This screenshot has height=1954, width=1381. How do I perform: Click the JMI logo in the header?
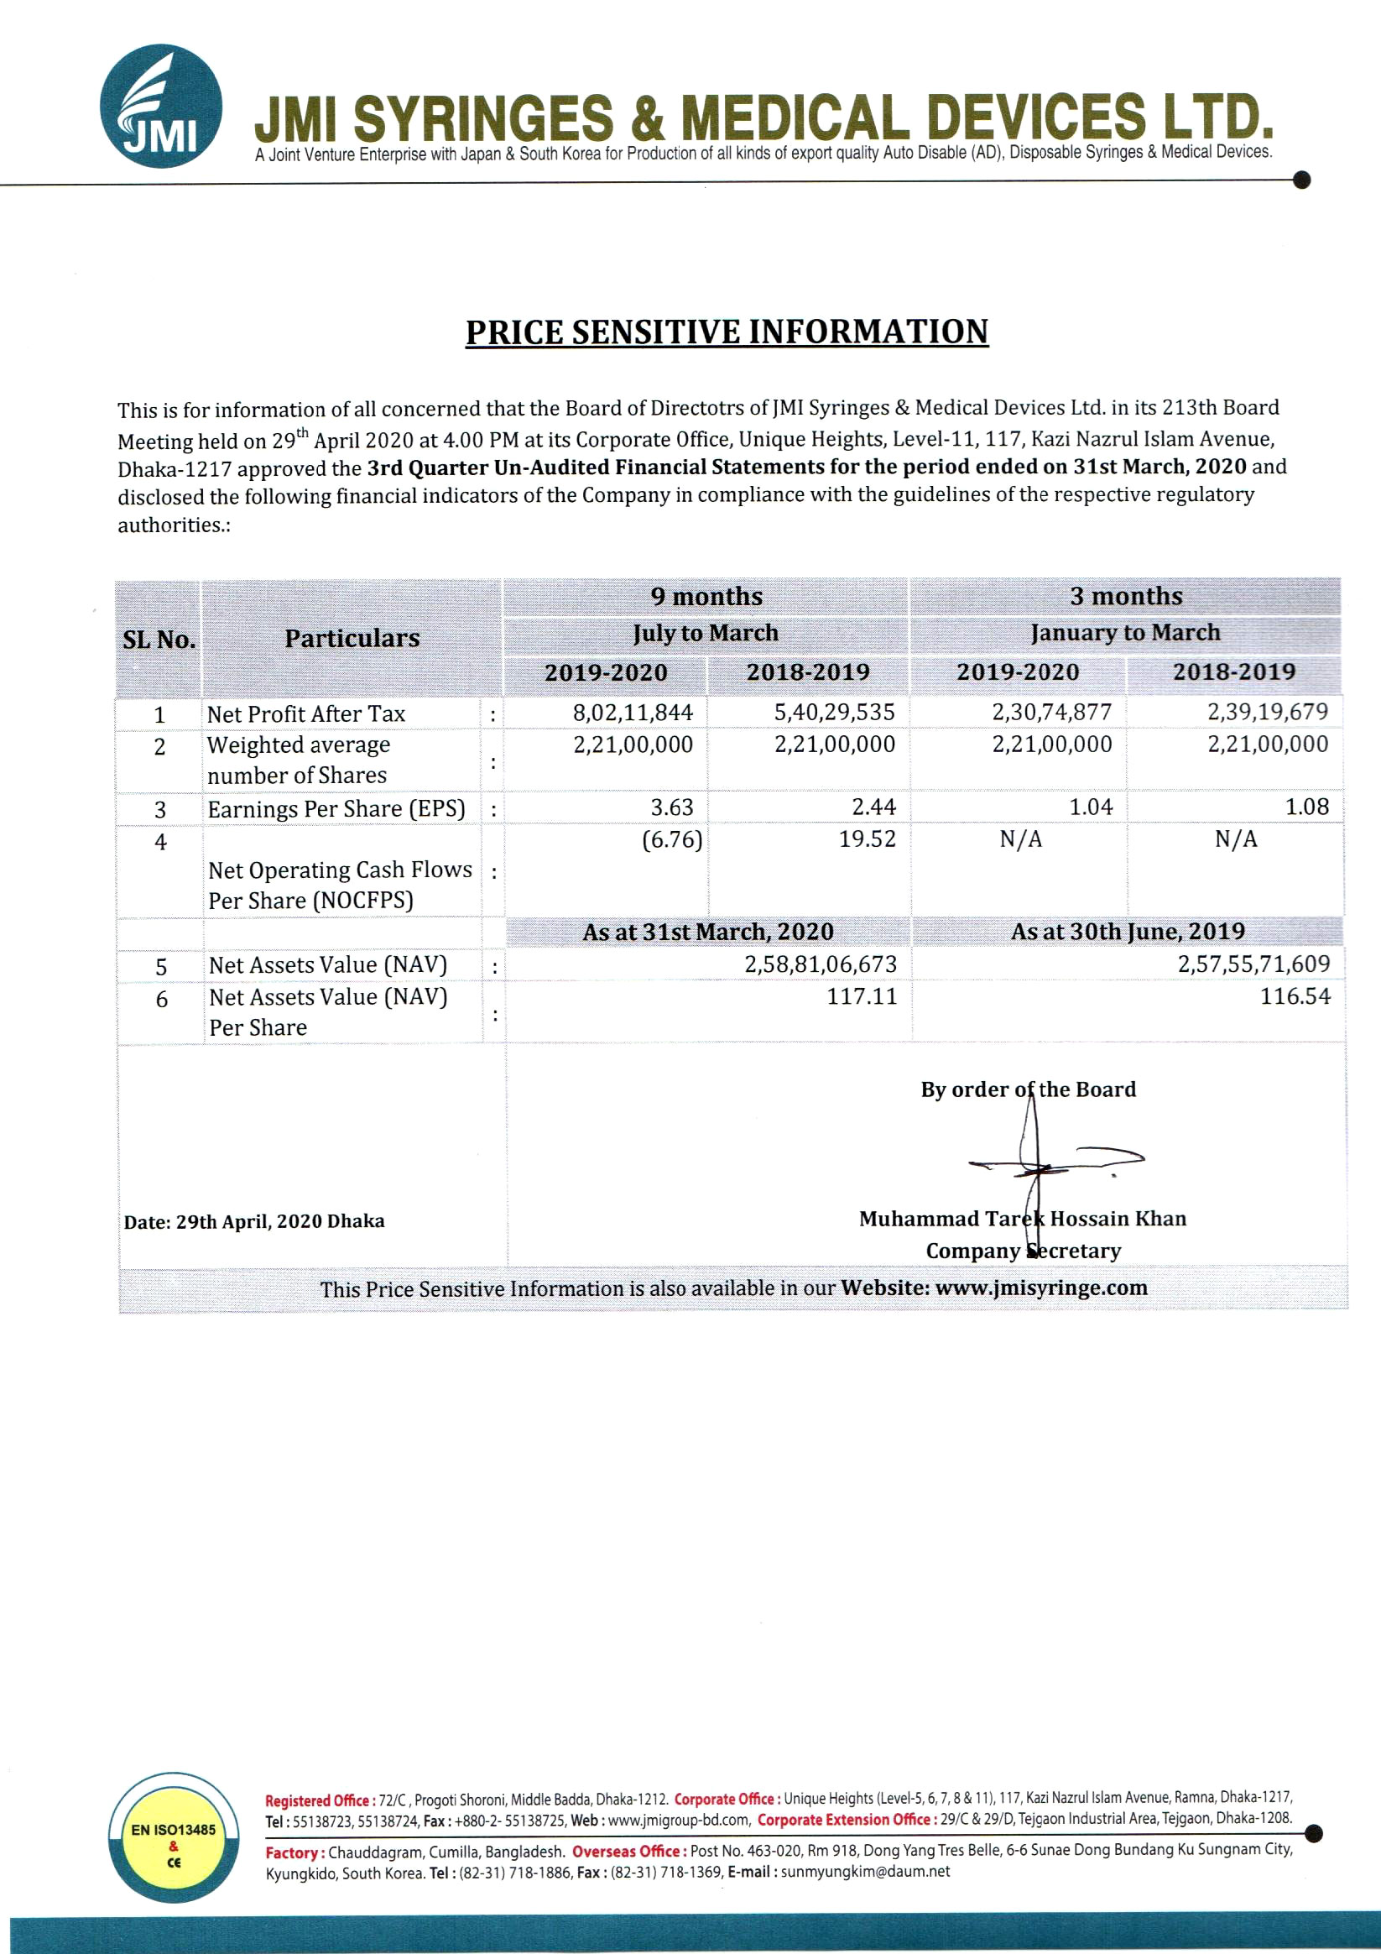[x=161, y=107]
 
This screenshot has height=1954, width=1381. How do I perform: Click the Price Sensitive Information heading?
[x=727, y=332]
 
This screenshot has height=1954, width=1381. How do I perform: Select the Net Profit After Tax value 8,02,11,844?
[x=633, y=713]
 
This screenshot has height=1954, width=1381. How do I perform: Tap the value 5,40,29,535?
[x=834, y=713]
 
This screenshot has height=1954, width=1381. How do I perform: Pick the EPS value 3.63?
[x=671, y=807]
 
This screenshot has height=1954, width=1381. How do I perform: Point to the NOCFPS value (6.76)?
[x=671, y=840]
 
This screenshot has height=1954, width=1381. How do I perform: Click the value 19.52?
[x=867, y=839]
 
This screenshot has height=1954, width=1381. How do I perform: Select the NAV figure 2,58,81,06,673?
[x=821, y=964]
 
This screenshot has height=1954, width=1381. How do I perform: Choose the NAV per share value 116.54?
[x=1295, y=995]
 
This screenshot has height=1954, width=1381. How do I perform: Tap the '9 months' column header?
[x=706, y=597]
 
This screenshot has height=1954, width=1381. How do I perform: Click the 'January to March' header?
[x=1125, y=633]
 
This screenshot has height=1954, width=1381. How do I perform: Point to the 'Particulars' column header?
[x=352, y=638]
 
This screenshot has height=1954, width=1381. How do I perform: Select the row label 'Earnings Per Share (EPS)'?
[x=336, y=808]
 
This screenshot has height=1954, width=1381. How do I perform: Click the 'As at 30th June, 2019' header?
[x=1128, y=932]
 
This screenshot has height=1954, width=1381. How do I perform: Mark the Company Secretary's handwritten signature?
[x=1046, y=1157]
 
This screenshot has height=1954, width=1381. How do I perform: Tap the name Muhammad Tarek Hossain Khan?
[x=1022, y=1219]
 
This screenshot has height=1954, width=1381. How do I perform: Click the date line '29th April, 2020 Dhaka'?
[x=253, y=1221]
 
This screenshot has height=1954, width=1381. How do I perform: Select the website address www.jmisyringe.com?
[x=1040, y=1288]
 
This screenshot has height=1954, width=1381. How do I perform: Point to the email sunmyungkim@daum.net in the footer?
[x=864, y=1872]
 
